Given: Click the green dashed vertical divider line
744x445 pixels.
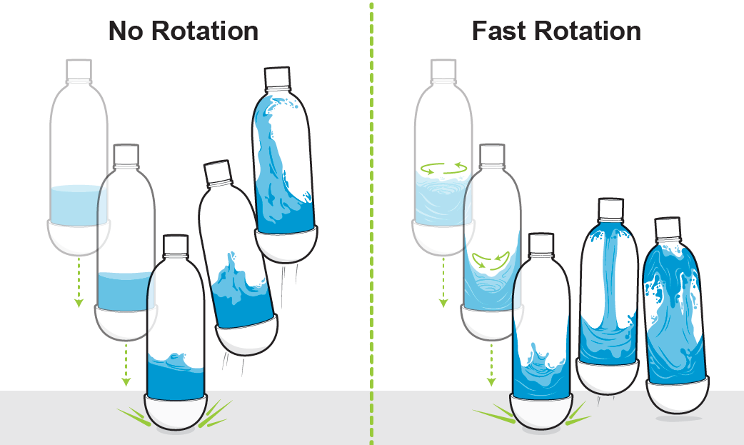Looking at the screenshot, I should (371, 214).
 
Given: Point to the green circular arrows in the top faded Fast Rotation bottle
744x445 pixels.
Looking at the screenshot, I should (443, 169).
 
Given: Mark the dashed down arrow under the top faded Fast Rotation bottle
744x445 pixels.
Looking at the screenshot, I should (443, 283).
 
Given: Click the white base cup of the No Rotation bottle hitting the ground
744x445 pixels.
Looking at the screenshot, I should (176, 413).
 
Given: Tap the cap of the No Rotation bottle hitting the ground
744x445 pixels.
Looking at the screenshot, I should (174, 246).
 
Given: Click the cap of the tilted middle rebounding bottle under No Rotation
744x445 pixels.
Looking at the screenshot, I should (218, 174).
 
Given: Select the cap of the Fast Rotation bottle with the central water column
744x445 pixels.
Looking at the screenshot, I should (610, 209).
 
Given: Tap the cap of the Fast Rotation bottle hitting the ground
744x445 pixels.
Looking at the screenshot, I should (541, 244).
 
